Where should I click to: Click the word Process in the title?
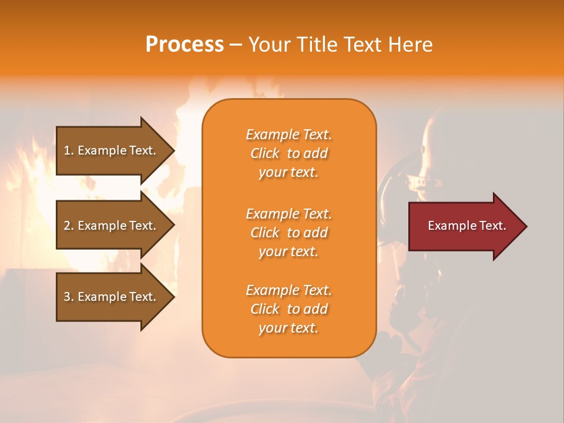point(184,45)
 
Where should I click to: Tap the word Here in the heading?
point(411,45)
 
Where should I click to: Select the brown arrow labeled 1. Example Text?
point(112,150)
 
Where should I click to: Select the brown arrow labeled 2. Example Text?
point(112,226)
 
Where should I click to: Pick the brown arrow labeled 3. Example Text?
point(112,297)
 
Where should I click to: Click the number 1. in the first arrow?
point(69,150)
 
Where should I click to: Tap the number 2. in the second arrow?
point(69,226)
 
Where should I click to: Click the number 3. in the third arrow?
point(69,297)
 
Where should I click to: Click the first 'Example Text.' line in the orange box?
point(288,135)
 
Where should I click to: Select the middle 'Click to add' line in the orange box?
point(288,233)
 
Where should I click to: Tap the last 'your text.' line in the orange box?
point(288,328)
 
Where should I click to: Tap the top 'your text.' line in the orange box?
point(288,173)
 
